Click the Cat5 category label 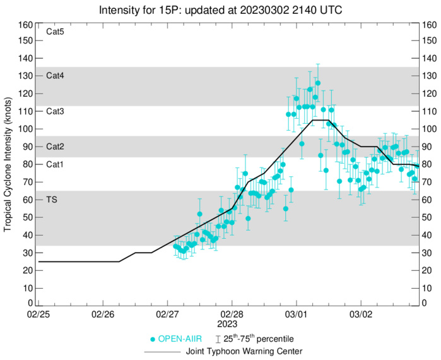click(56, 32)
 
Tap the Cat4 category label click(56, 75)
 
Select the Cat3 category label click(56, 111)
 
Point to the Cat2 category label click(56, 147)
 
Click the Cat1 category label click(56, 164)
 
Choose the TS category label click(52, 200)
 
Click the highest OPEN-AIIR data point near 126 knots click(318, 83)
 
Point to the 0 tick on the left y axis click(29, 303)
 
